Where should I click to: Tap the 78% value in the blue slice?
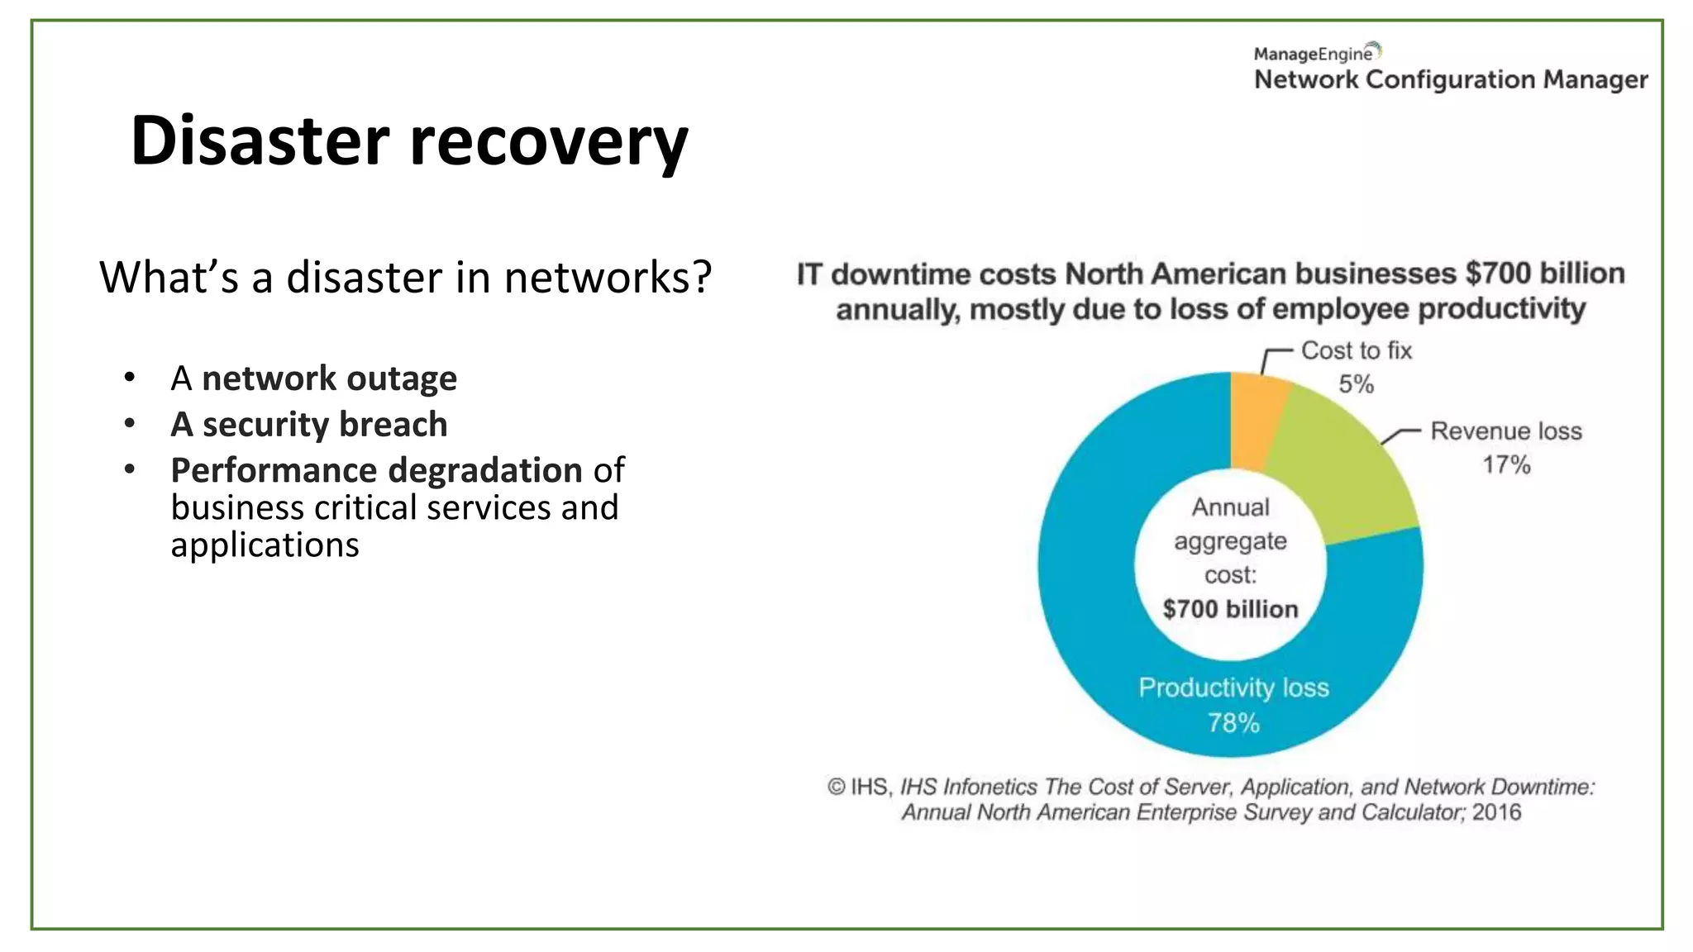click(x=1233, y=723)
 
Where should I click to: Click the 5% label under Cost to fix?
click(x=1356, y=384)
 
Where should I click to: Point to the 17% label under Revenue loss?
click(x=1506, y=464)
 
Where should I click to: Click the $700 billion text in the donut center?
click(x=1230, y=609)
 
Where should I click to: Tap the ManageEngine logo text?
click(x=1314, y=54)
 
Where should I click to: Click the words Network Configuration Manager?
click(x=1451, y=80)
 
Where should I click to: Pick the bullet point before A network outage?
click(x=129, y=378)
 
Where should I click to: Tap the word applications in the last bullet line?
click(x=265, y=545)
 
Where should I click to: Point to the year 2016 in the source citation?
click(x=1496, y=812)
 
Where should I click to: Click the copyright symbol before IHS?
click(x=836, y=787)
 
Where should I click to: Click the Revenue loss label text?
click(x=1505, y=431)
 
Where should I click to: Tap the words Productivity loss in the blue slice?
click(x=1233, y=688)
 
